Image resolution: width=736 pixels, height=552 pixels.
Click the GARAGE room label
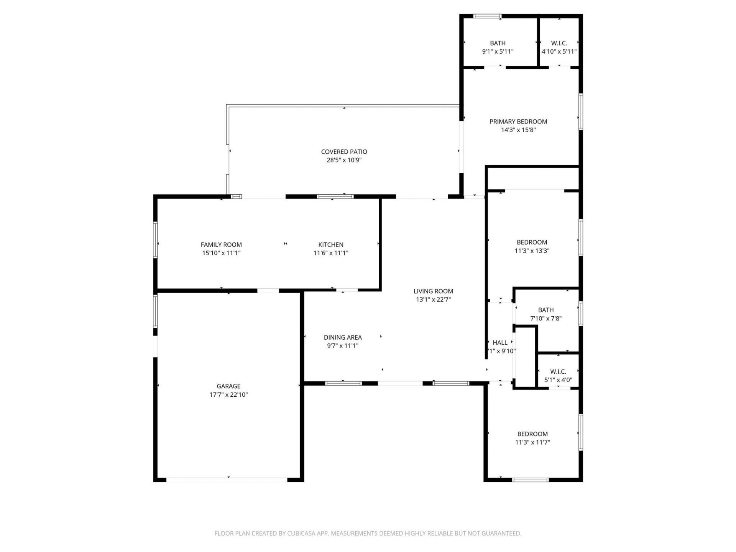point(228,386)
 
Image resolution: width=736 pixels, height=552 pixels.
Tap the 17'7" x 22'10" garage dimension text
point(228,394)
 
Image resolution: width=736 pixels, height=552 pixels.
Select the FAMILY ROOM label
point(221,245)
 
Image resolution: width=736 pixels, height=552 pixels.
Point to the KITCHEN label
point(331,245)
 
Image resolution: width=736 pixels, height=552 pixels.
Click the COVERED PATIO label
point(344,152)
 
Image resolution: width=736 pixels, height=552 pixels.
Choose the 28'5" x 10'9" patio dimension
point(344,160)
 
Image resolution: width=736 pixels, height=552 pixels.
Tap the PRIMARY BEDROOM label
point(518,122)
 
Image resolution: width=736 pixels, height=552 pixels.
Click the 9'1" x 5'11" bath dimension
point(498,51)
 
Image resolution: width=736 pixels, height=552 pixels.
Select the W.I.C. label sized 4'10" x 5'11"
point(559,43)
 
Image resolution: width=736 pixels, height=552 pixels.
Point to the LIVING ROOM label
point(433,291)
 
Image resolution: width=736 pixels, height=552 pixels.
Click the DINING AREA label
point(343,337)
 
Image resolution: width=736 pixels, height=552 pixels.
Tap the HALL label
point(500,343)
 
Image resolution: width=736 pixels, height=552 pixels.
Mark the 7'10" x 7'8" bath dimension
point(546,318)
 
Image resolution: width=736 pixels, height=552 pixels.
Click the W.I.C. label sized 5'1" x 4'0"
point(558,371)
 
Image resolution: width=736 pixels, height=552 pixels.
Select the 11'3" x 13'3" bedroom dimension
point(532,251)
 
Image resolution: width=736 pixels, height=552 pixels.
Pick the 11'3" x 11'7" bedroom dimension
point(532,442)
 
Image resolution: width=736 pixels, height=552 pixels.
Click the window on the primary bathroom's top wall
point(487,16)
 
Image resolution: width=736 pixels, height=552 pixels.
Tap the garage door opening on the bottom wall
point(227,480)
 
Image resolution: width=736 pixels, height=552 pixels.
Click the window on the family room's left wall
point(156,240)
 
